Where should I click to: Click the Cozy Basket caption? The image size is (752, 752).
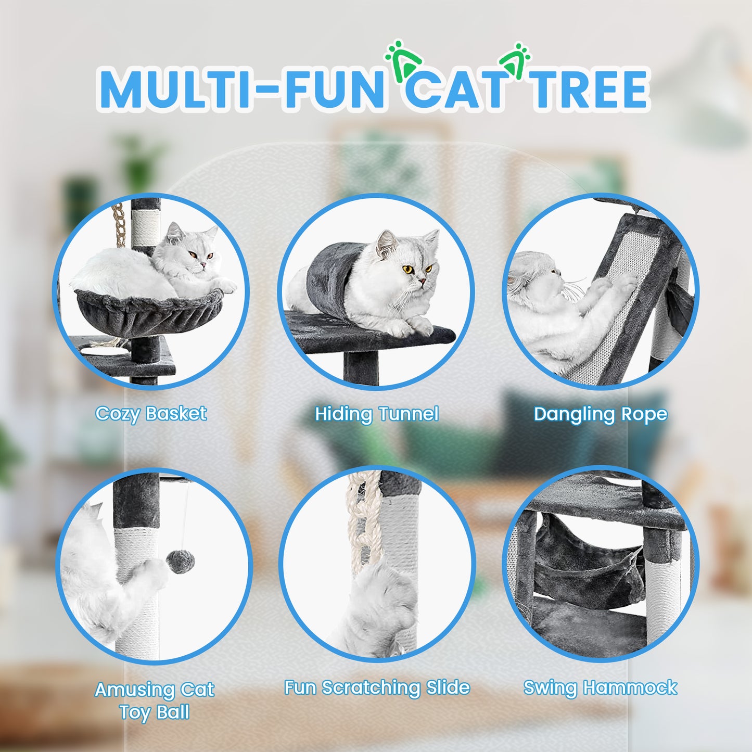coord(151,414)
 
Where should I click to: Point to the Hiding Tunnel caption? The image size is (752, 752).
coord(377,414)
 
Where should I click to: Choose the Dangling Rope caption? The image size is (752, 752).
coord(600,414)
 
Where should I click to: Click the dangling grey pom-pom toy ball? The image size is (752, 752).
coord(180,562)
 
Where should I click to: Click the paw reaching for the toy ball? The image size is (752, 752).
coord(154,572)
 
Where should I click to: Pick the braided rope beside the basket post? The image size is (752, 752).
coord(118,224)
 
